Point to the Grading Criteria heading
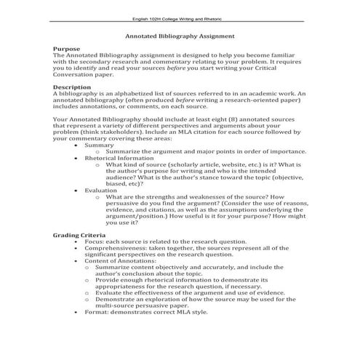click(x=79, y=235)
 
